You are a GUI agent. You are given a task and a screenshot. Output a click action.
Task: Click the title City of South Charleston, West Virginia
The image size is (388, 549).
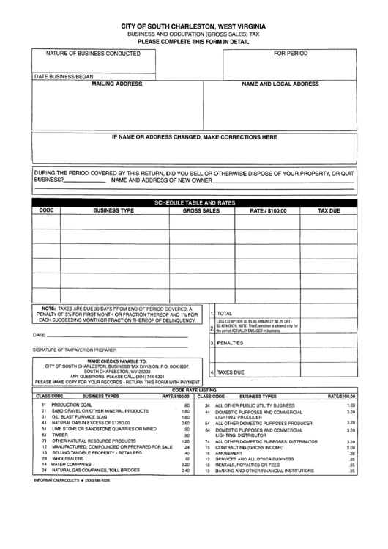tap(194, 26)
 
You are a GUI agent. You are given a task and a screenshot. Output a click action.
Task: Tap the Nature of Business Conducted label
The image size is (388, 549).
tap(93, 54)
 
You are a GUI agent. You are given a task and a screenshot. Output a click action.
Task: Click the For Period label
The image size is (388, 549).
tap(291, 54)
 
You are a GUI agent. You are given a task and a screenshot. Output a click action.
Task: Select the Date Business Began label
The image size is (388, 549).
tap(64, 76)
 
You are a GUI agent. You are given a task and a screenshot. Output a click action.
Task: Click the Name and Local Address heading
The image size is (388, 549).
tap(280, 84)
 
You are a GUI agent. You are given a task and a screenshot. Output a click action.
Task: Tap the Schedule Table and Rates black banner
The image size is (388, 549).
tap(194, 202)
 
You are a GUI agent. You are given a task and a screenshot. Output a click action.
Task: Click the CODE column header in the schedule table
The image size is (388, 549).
tap(45, 210)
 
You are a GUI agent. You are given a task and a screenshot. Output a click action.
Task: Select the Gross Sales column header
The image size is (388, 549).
tap(201, 210)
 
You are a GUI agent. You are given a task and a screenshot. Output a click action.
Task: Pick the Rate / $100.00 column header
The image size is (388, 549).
tap(269, 210)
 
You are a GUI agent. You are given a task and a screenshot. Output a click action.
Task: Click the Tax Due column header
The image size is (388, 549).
tap(329, 210)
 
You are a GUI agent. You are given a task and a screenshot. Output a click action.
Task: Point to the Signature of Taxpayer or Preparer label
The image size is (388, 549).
tap(75, 350)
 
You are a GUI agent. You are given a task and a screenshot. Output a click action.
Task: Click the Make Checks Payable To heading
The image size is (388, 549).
tap(117, 361)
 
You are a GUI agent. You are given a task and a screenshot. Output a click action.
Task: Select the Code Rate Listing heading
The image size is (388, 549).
tap(194, 391)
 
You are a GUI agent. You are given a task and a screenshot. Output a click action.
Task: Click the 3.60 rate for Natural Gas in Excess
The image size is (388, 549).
tap(185, 423)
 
